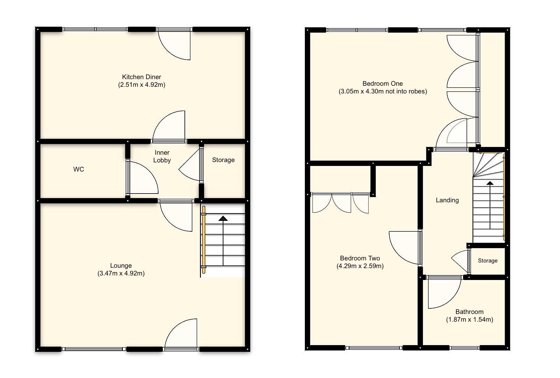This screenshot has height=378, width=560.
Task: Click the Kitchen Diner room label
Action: point(141,77)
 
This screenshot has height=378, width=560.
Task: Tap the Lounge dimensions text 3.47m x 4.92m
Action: point(121,273)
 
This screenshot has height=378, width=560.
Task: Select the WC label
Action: point(79,169)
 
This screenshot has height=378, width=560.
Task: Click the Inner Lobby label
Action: point(162,156)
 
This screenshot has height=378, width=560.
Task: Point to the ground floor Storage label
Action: point(223,160)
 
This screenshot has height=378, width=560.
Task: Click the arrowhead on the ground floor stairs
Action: point(223,218)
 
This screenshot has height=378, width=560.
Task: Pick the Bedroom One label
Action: point(383,84)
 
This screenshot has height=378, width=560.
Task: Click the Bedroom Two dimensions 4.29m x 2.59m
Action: point(360,266)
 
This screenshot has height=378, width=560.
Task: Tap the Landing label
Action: point(447,200)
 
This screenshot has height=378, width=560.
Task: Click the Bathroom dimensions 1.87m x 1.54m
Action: point(469,320)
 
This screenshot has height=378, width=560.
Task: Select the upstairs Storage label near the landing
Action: point(488,261)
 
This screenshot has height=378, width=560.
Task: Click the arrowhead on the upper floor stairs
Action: point(490,183)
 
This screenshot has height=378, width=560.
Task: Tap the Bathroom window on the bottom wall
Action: point(464,348)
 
